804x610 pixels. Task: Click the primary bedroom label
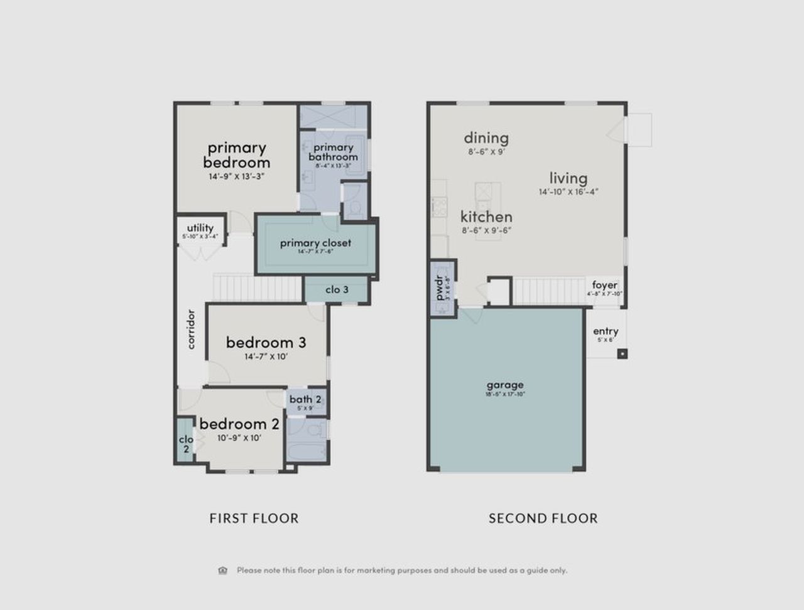click(x=236, y=155)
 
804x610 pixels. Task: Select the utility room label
click(x=200, y=228)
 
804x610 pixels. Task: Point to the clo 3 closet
click(x=337, y=289)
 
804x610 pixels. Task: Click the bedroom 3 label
click(x=266, y=343)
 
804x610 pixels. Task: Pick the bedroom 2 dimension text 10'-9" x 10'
click(x=239, y=438)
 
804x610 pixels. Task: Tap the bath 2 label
click(x=305, y=399)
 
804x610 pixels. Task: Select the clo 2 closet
click(x=185, y=443)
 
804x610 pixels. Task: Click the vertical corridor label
click(x=191, y=329)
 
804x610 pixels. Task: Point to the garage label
click(x=505, y=385)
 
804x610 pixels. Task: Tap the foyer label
click(x=604, y=285)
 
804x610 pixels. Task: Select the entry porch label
click(x=606, y=331)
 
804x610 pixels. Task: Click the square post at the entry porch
click(x=622, y=353)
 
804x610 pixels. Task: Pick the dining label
click(x=486, y=138)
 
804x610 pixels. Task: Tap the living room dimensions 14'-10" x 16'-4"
click(x=568, y=192)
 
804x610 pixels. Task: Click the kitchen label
click(x=486, y=217)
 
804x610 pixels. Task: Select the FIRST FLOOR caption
click(x=254, y=518)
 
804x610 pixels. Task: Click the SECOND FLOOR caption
click(x=543, y=518)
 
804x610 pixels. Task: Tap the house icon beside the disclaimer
click(x=222, y=570)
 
